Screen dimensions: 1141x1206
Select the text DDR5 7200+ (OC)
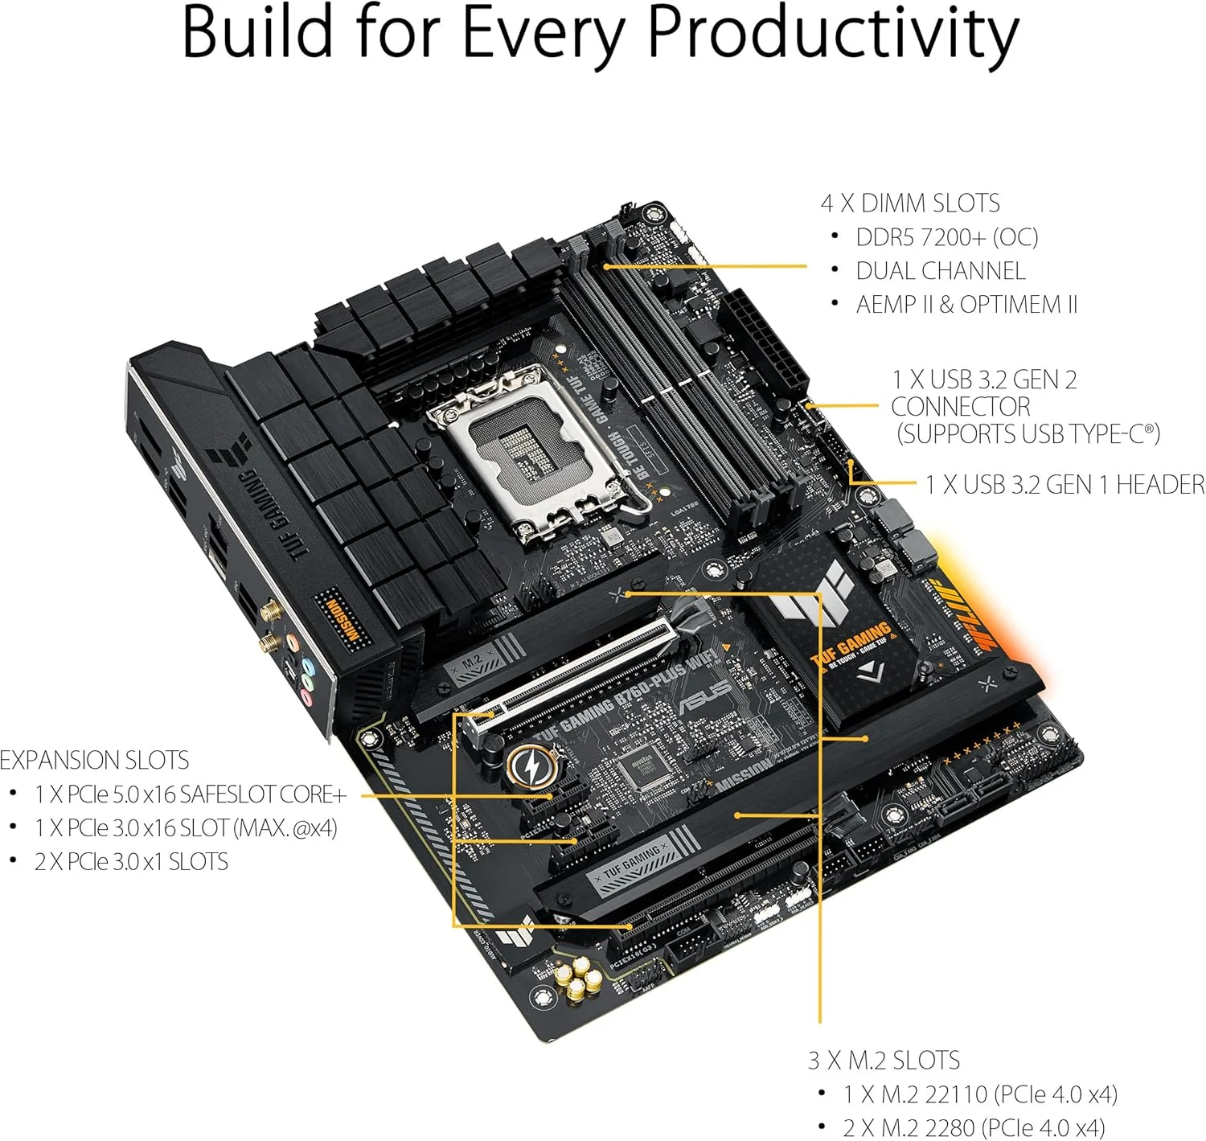[946, 237]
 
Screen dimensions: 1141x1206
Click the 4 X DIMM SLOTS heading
[909, 203]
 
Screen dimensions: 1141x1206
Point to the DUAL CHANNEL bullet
[940, 271]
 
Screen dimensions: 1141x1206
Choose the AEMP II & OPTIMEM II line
[966, 305]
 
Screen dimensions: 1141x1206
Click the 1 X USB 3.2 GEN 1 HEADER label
[1064, 484]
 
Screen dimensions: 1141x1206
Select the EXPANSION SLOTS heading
[95, 760]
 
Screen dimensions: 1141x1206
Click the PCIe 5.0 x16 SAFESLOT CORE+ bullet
[191, 794]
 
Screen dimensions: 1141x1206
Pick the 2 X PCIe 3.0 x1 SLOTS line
[131, 862]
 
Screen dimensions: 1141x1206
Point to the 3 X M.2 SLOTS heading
[884, 1060]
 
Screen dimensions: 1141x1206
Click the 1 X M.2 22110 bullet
[979, 1094]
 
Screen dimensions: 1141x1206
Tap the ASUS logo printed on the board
[705, 696]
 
